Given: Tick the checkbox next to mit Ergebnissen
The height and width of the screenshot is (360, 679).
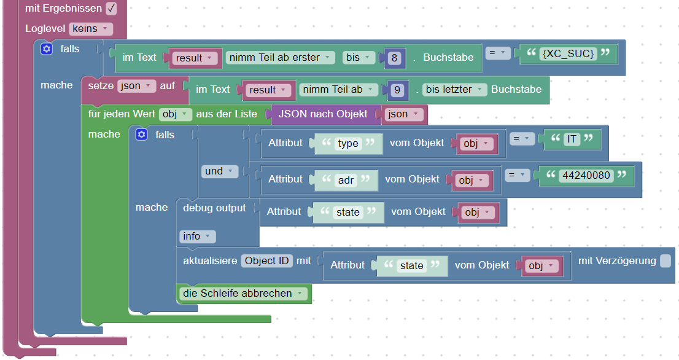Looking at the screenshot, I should click(111, 9).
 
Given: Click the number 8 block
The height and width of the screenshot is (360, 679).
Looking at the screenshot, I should click(394, 58).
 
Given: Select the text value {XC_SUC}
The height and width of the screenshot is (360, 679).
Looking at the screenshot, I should click(568, 53).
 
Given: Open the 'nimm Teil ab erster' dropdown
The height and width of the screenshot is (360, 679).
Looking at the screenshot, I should click(281, 57).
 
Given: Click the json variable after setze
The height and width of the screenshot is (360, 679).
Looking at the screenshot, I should click(136, 86).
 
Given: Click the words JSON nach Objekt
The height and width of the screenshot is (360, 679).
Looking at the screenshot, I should click(323, 114).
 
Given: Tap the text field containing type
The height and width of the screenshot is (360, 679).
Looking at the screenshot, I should click(348, 143).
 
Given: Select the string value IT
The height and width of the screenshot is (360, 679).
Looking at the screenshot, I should click(572, 139).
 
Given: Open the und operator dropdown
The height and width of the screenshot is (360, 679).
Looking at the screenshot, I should click(219, 171).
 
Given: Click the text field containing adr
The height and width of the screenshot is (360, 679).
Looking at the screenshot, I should click(346, 179).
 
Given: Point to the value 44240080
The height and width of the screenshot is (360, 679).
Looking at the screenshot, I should click(585, 176).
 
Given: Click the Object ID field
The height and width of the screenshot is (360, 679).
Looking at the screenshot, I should click(266, 260).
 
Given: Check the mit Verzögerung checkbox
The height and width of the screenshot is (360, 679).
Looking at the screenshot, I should click(665, 261).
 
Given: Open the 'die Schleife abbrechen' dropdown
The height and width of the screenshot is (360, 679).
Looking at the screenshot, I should click(244, 294).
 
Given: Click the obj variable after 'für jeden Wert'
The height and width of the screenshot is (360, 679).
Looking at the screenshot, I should click(176, 114).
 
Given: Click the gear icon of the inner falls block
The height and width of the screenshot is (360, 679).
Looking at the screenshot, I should click(142, 135).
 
